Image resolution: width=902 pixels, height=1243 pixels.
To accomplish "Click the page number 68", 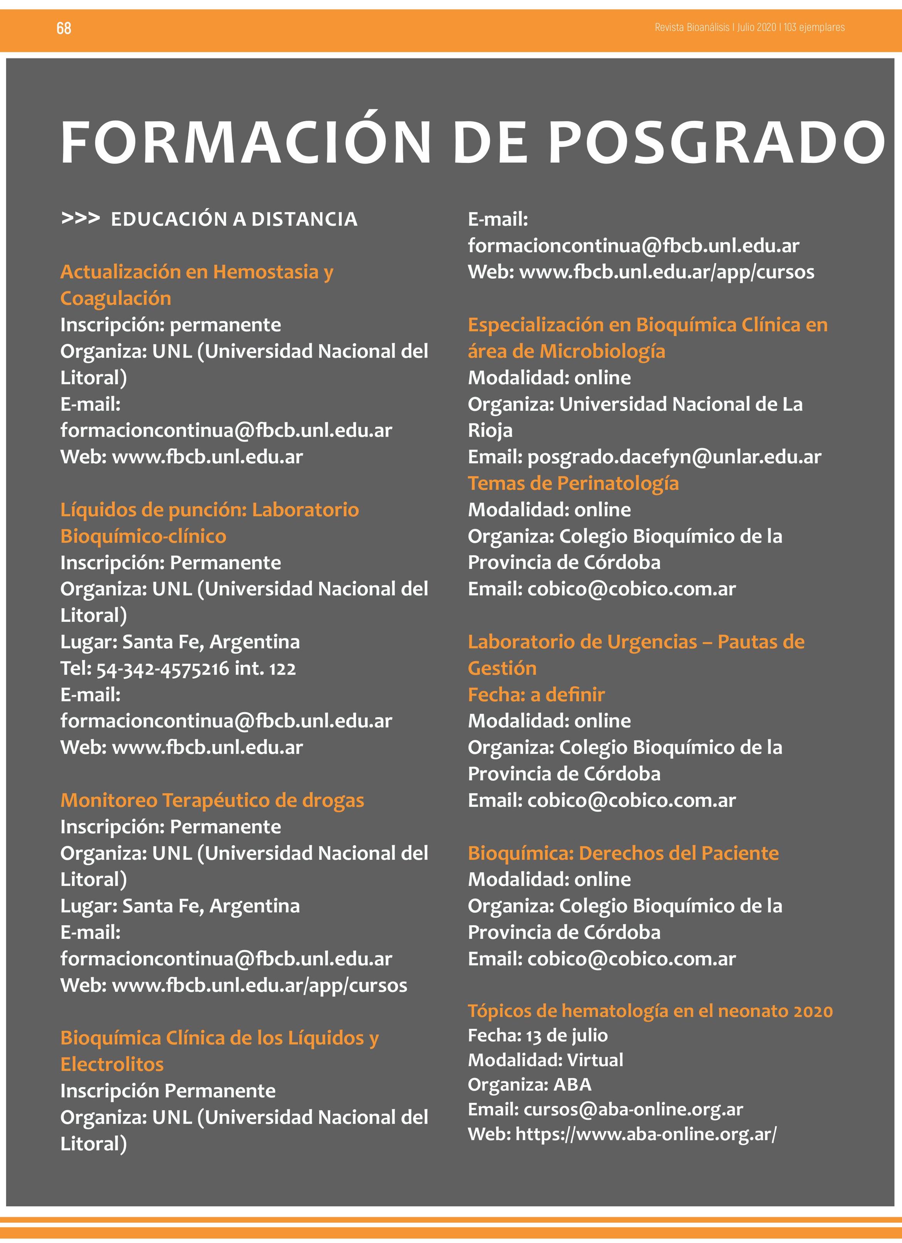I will (x=64, y=28).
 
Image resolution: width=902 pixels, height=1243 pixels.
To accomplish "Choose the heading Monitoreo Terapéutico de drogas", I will (x=212, y=800).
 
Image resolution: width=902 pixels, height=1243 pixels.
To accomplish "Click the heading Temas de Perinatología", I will (x=573, y=483).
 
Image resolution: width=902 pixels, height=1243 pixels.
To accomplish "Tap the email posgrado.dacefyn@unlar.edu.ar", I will (x=674, y=457).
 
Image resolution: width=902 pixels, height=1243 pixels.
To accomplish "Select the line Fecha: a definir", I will (x=536, y=695).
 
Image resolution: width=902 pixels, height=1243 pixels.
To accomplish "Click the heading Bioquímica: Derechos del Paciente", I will (x=623, y=853).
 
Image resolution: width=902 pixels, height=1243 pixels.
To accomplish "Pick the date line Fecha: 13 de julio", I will (x=538, y=1035).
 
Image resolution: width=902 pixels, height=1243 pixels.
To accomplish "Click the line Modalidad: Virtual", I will (x=545, y=1060).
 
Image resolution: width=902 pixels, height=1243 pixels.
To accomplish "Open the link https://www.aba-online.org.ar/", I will (x=646, y=1134).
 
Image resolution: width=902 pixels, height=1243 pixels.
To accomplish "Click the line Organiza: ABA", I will (x=529, y=1084).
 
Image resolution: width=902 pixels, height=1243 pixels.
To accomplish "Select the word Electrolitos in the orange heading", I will (x=112, y=1064).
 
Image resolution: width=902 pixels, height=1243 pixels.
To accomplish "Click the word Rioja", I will (x=490, y=431).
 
